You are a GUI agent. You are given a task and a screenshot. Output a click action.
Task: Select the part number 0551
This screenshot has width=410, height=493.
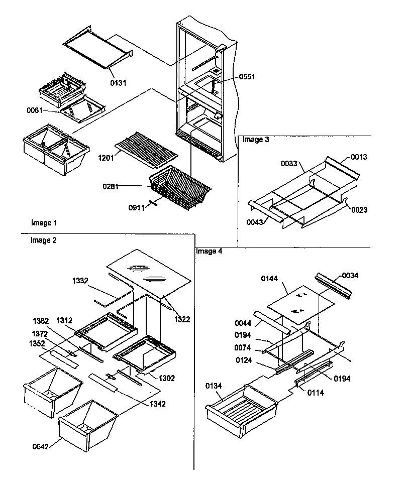tap(247, 77)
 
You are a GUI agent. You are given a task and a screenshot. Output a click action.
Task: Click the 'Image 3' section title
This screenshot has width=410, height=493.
tap(256, 140)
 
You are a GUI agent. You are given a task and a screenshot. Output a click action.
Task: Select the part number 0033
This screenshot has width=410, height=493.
tap(289, 163)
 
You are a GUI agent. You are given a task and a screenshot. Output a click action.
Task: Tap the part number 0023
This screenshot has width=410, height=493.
tap(359, 210)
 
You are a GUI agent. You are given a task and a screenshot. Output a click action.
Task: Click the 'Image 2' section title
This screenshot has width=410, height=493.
tap(44, 240)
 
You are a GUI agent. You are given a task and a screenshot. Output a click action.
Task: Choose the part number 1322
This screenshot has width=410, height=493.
tap(182, 319)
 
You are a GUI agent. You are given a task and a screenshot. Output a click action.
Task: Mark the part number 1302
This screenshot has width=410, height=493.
tap(167, 378)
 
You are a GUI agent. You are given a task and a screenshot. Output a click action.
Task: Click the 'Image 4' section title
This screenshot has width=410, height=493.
tap(209, 251)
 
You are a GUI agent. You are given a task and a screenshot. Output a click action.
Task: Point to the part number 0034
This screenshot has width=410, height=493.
tap(350, 276)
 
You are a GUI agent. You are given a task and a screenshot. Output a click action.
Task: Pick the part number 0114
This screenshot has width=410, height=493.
tap(316, 393)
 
